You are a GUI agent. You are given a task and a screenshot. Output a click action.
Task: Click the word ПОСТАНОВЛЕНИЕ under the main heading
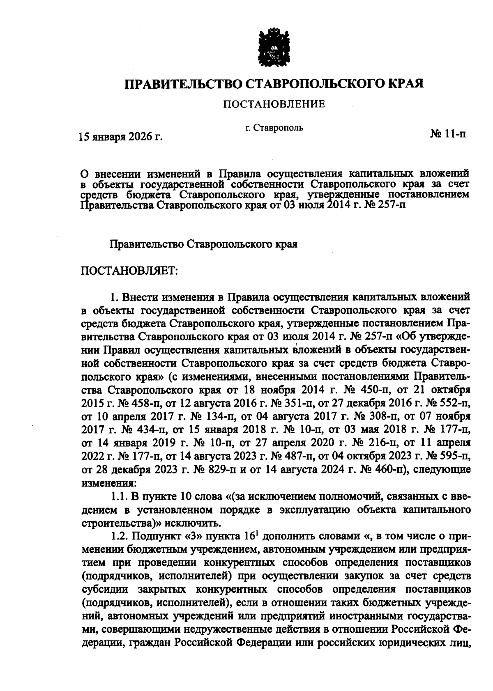click(274, 104)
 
